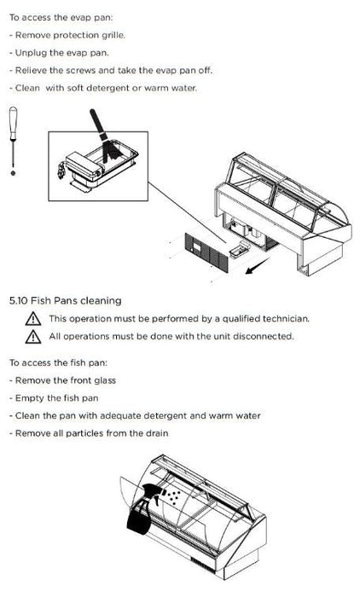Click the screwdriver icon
(14, 141)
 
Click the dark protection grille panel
(206, 252)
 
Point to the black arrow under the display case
(257, 266)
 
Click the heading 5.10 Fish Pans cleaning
(65, 301)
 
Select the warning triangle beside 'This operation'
(33, 319)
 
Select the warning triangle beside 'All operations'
(33, 337)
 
